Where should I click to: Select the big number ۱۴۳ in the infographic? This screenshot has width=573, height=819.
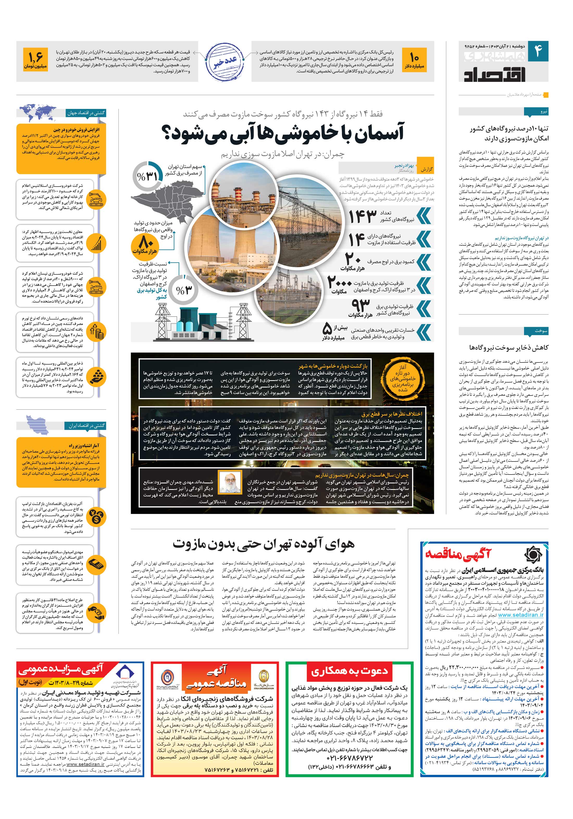tap(362, 217)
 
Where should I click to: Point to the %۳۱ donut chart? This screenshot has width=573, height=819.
tap(147, 176)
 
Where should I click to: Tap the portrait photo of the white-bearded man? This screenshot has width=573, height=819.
tap(227, 482)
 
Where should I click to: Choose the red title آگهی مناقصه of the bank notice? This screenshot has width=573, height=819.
tap(458, 554)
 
